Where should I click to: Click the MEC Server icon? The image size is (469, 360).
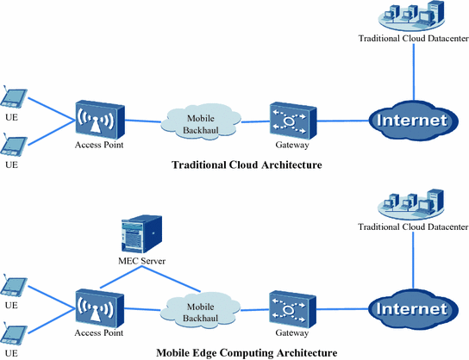point(142,230)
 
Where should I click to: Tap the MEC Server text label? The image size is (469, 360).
point(141,260)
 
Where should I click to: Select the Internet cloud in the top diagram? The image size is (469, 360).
point(412,120)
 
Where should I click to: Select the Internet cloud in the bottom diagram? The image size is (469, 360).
point(412,308)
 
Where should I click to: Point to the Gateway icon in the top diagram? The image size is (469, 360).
point(289,119)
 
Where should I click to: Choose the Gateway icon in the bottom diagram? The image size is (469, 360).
point(289,308)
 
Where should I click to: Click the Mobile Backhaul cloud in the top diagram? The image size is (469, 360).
point(200,121)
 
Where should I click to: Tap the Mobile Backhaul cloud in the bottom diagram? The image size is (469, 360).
point(200,310)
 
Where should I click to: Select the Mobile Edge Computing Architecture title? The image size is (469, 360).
point(247,353)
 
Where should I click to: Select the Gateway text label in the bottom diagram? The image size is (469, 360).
point(291,332)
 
